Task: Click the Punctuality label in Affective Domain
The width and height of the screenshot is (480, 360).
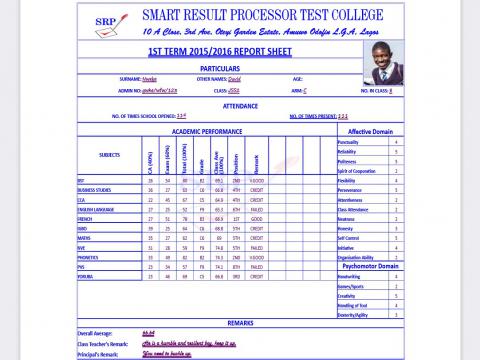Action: [357, 142]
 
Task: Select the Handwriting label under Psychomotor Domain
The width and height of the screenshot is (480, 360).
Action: [357, 277]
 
